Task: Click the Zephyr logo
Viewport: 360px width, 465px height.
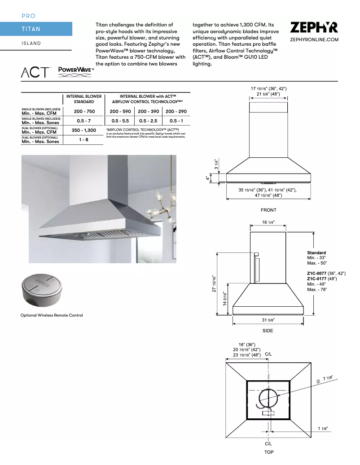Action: [314, 28]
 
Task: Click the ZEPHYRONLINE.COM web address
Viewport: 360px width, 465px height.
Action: [314, 40]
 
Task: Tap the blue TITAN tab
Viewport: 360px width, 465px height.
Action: [36, 29]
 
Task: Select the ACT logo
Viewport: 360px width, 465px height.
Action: [36, 72]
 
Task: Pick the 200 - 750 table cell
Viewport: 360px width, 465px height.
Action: [84, 111]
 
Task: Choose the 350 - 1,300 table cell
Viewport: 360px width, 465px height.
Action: [84, 130]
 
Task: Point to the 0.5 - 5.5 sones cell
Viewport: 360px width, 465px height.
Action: [120, 121]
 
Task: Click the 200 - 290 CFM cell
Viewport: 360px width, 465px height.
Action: [176, 111]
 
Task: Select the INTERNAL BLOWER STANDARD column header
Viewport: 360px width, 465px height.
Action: [84, 99]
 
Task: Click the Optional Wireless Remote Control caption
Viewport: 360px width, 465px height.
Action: [52, 315]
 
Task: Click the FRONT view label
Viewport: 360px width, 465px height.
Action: [268, 210]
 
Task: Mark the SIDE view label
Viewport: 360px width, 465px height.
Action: [268, 330]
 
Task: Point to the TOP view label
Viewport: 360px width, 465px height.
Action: [268, 452]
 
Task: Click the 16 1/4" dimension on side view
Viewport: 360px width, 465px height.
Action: [268, 222]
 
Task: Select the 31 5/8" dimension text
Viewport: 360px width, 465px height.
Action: [268, 320]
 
